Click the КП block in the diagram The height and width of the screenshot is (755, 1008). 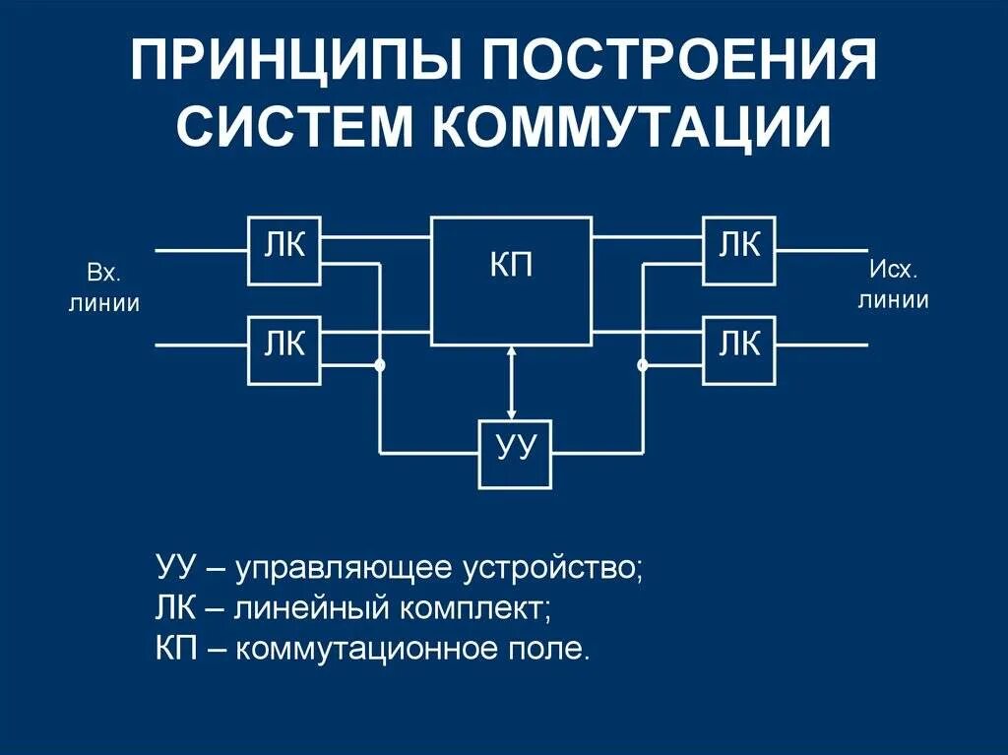[x=511, y=281]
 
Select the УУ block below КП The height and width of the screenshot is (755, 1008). [x=515, y=454]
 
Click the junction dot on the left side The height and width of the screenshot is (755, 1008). [x=380, y=366]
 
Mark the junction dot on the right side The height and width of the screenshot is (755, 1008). [x=643, y=366]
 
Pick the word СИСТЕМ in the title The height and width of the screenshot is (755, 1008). [x=294, y=128]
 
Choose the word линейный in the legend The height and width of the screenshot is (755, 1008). [x=312, y=608]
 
